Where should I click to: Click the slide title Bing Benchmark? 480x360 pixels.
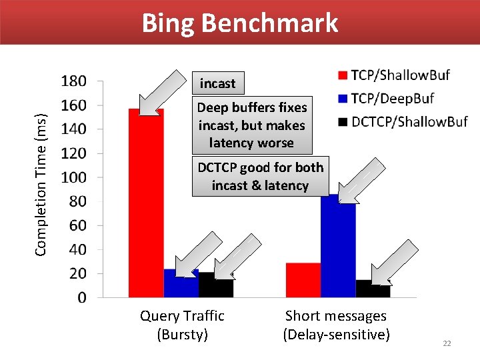(240, 23)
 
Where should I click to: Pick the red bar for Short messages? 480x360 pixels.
(303, 280)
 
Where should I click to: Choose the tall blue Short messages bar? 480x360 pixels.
(338, 247)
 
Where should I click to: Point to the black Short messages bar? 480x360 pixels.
(373, 289)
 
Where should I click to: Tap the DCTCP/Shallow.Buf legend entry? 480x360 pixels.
(403, 121)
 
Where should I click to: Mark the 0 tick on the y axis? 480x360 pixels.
(81, 297)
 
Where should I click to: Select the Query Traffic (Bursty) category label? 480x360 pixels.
(182, 325)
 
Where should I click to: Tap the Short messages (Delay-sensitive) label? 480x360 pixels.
(336, 325)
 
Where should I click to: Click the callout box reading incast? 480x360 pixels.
(217, 83)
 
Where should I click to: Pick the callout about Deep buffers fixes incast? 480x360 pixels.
(252, 125)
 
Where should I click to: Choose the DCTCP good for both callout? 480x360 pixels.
(259, 176)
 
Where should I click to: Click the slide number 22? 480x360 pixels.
(447, 343)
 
